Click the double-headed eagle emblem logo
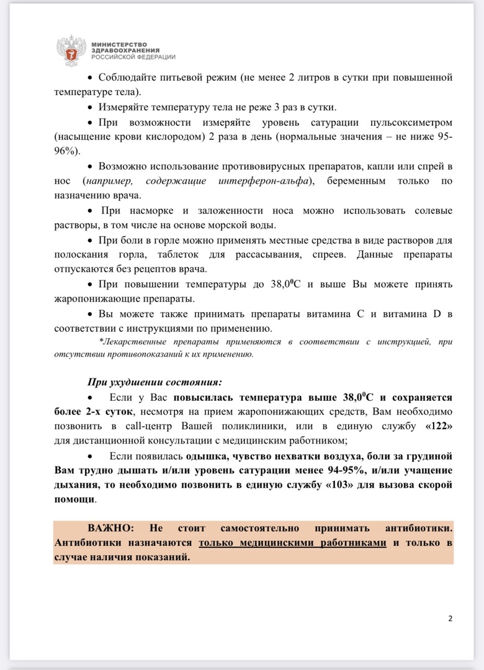(69, 49)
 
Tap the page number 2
(450, 619)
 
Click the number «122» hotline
(439, 426)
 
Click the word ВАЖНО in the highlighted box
(110, 528)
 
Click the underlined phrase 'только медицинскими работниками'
(292, 543)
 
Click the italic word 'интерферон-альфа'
(267, 181)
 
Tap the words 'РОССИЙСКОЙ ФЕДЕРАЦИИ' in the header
(133, 56)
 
